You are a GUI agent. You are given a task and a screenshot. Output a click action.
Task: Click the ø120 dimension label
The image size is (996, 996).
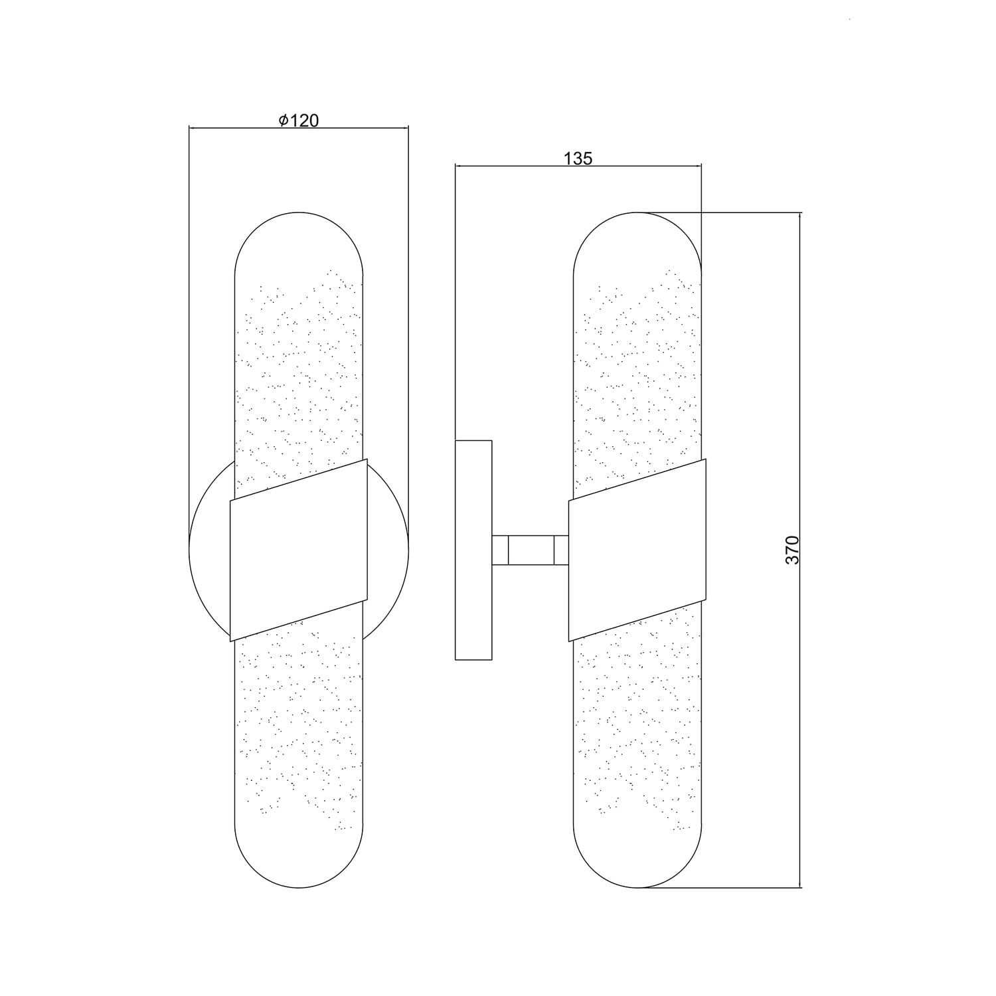pyautogui.click(x=299, y=120)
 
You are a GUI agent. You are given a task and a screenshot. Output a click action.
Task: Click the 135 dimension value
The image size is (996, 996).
pyautogui.click(x=578, y=158)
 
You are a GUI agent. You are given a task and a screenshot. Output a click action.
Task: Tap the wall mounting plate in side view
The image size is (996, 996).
pyautogui.click(x=473, y=550)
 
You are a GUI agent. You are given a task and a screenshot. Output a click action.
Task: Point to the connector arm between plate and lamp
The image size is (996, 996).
pyautogui.click(x=530, y=550)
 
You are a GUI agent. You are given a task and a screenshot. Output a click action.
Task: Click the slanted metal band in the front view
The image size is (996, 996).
pyautogui.click(x=299, y=550)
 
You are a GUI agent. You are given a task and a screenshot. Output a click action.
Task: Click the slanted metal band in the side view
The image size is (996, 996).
pyautogui.click(x=637, y=550)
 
